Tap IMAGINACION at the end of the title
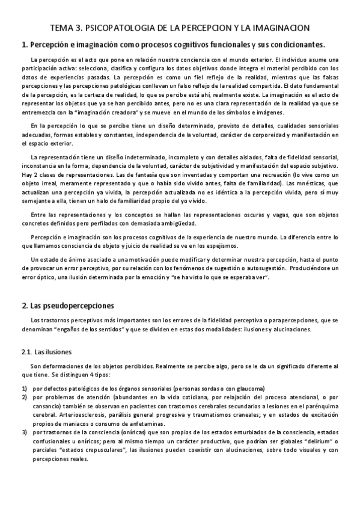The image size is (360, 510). click(284, 28)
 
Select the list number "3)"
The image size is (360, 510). click(24, 432)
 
